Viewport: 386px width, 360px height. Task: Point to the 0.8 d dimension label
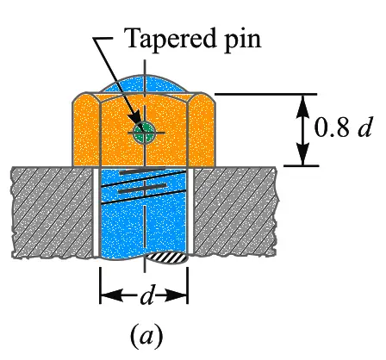pyautogui.click(x=343, y=127)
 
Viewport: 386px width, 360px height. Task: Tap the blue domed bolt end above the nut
pyautogui.click(x=145, y=84)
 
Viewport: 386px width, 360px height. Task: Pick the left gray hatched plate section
pyautogui.click(x=52, y=212)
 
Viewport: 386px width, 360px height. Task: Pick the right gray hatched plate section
pyautogui.click(x=236, y=211)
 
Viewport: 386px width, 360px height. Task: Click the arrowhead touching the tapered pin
pyautogui.click(x=135, y=121)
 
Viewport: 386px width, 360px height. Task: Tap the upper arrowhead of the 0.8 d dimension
pyautogui.click(x=303, y=104)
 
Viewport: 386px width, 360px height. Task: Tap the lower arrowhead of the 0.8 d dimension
pyautogui.click(x=303, y=155)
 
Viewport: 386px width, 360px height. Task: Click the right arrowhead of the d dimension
pyautogui.click(x=177, y=295)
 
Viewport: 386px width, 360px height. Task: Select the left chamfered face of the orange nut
pyautogui.click(x=85, y=130)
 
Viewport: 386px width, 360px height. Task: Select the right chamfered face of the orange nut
pyautogui.click(x=202, y=130)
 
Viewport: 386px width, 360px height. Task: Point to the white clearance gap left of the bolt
pyautogui.click(x=96, y=212)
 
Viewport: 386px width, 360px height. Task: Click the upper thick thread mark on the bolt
pyautogui.click(x=142, y=171)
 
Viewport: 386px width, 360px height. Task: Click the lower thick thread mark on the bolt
pyautogui.click(x=142, y=189)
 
